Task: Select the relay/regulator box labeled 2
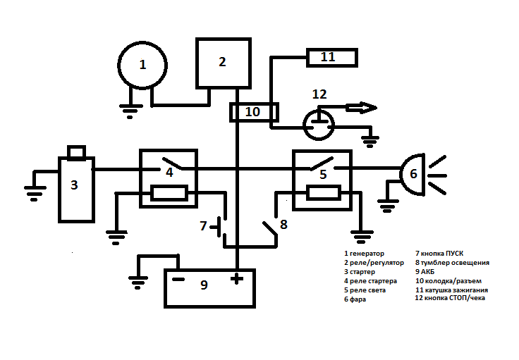click(x=222, y=62)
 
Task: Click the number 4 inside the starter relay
click(x=169, y=171)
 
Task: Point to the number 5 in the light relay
click(x=323, y=174)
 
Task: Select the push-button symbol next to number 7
click(x=221, y=227)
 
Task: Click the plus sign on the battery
click(x=236, y=279)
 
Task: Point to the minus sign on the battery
click(x=178, y=279)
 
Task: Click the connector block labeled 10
click(x=253, y=111)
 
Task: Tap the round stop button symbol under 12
click(x=319, y=125)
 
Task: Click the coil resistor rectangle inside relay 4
click(x=169, y=193)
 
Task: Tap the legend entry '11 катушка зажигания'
click(x=451, y=290)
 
